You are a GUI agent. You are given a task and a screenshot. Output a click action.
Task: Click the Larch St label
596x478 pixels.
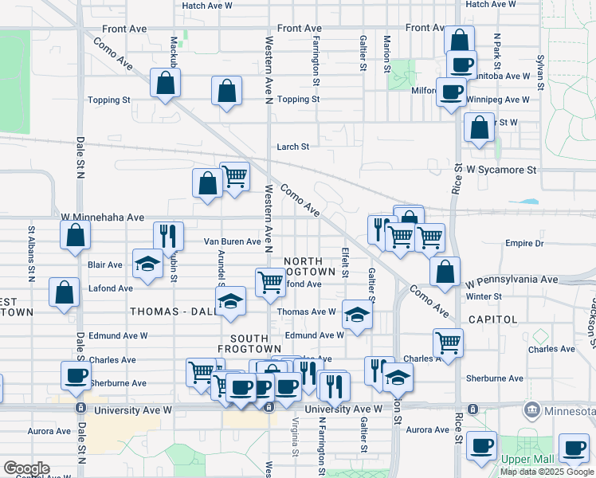click(292, 147)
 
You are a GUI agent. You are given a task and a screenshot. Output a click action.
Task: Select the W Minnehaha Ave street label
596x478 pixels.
click(102, 217)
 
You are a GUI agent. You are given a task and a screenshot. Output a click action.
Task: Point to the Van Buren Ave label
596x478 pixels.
click(233, 241)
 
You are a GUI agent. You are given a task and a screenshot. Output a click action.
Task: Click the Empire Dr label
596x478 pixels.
click(523, 244)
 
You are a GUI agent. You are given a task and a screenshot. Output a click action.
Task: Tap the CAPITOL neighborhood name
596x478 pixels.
click(516, 319)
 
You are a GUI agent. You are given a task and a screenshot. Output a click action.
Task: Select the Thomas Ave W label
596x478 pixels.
click(306, 312)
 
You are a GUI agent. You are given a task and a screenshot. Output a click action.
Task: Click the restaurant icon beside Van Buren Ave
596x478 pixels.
click(168, 234)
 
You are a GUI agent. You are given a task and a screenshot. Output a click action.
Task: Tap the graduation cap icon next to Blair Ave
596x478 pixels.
click(147, 264)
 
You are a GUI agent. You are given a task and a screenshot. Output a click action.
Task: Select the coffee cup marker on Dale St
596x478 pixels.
click(76, 375)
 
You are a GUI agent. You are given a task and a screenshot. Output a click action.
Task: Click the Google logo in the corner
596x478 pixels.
click(26, 468)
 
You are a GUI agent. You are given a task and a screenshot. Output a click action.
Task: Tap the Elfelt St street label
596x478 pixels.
click(345, 262)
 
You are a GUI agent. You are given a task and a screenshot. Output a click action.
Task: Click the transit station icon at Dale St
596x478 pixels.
click(80, 408)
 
